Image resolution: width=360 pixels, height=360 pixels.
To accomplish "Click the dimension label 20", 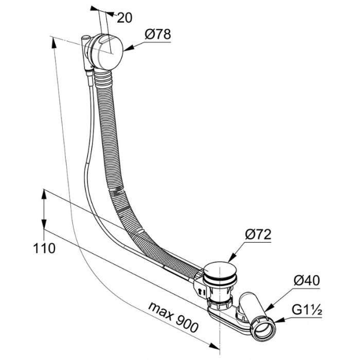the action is point(124,17).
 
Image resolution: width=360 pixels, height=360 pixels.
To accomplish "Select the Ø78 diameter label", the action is point(157,34).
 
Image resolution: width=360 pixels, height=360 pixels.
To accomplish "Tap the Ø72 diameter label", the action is point(258,235).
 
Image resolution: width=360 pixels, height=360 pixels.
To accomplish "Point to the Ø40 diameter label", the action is point(307,281).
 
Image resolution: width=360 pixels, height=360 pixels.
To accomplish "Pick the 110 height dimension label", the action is point(44,248).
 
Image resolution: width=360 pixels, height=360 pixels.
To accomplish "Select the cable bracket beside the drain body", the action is point(199,289).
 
